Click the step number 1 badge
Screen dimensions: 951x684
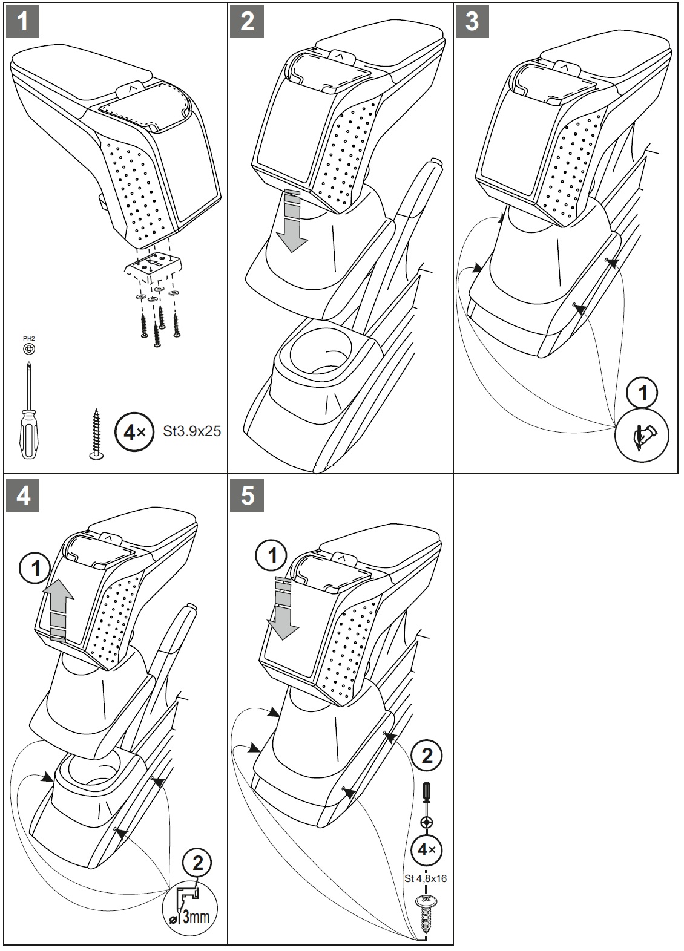[x=23, y=22]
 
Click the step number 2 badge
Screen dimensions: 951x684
[x=248, y=22]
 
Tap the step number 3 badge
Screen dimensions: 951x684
[x=472, y=22]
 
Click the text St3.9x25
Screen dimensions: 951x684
[x=192, y=431]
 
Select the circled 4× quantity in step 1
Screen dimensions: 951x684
[x=133, y=432]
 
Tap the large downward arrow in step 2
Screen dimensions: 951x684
[x=294, y=221]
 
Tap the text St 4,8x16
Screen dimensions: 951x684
[x=426, y=878]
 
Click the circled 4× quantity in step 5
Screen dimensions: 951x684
[x=426, y=849]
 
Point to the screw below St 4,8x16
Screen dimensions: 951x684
[x=426, y=910]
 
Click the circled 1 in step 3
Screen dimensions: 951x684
[x=642, y=394]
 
